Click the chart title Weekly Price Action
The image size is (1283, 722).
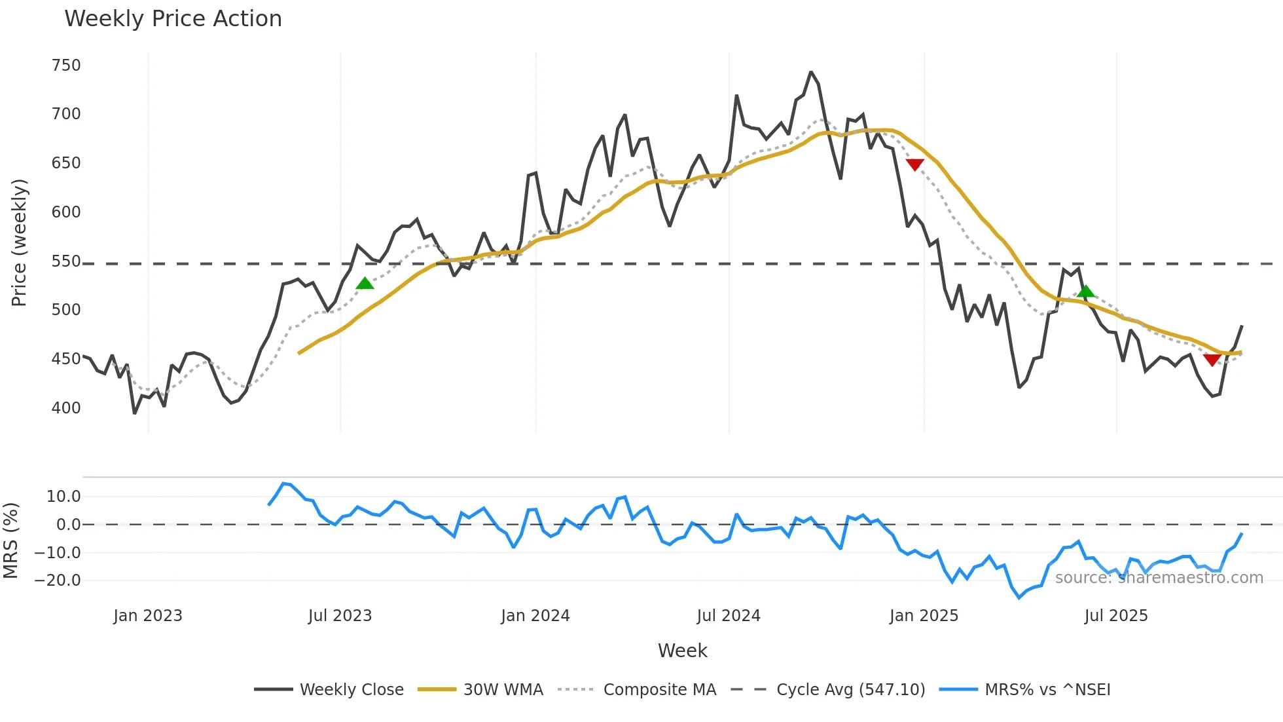click(x=173, y=19)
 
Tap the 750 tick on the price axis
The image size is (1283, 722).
click(x=66, y=66)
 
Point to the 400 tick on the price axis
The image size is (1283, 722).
click(x=66, y=408)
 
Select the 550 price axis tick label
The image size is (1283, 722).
click(x=66, y=261)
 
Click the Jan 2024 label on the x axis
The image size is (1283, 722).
click(x=535, y=616)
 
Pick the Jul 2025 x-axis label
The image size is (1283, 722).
click(x=1115, y=616)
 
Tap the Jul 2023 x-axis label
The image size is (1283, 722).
click(x=340, y=616)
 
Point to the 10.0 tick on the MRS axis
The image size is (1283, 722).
click(x=63, y=497)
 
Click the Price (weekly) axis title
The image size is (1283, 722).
click(x=19, y=242)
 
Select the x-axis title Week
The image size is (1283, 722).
click(x=682, y=651)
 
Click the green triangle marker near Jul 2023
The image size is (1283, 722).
click(x=365, y=284)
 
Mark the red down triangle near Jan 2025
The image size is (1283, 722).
click(x=914, y=164)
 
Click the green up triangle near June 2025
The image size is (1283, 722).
click(x=1085, y=292)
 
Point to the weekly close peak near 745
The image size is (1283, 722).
click(x=811, y=72)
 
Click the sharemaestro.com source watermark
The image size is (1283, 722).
click(x=1159, y=578)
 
